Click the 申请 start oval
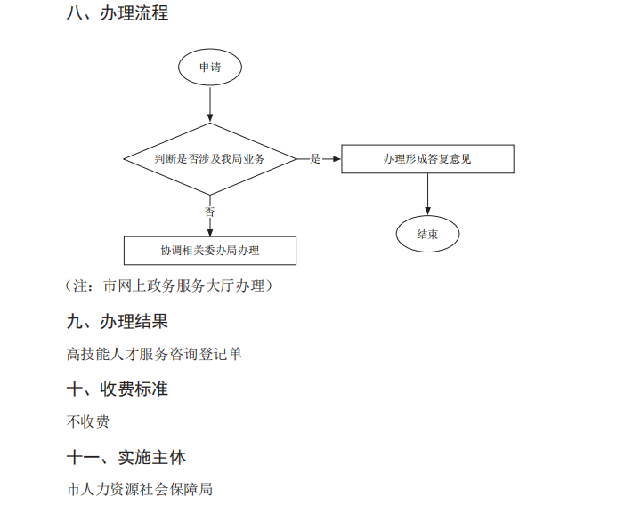(x=210, y=67)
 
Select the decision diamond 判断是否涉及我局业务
(x=210, y=158)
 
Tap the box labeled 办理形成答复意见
(x=427, y=158)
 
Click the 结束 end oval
(x=427, y=235)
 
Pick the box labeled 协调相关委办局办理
(x=210, y=251)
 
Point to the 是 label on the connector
(x=315, y=159)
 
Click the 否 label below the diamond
(x=210, y=212)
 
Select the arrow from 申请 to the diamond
(x=210, y=104)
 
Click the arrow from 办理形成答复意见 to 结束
(x=427, y=194)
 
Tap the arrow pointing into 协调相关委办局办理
(x=210, y=228)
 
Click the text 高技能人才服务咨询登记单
(x=154, y=354)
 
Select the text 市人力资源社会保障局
(x=140, y=489)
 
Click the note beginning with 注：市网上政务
(x=169, y=285)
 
